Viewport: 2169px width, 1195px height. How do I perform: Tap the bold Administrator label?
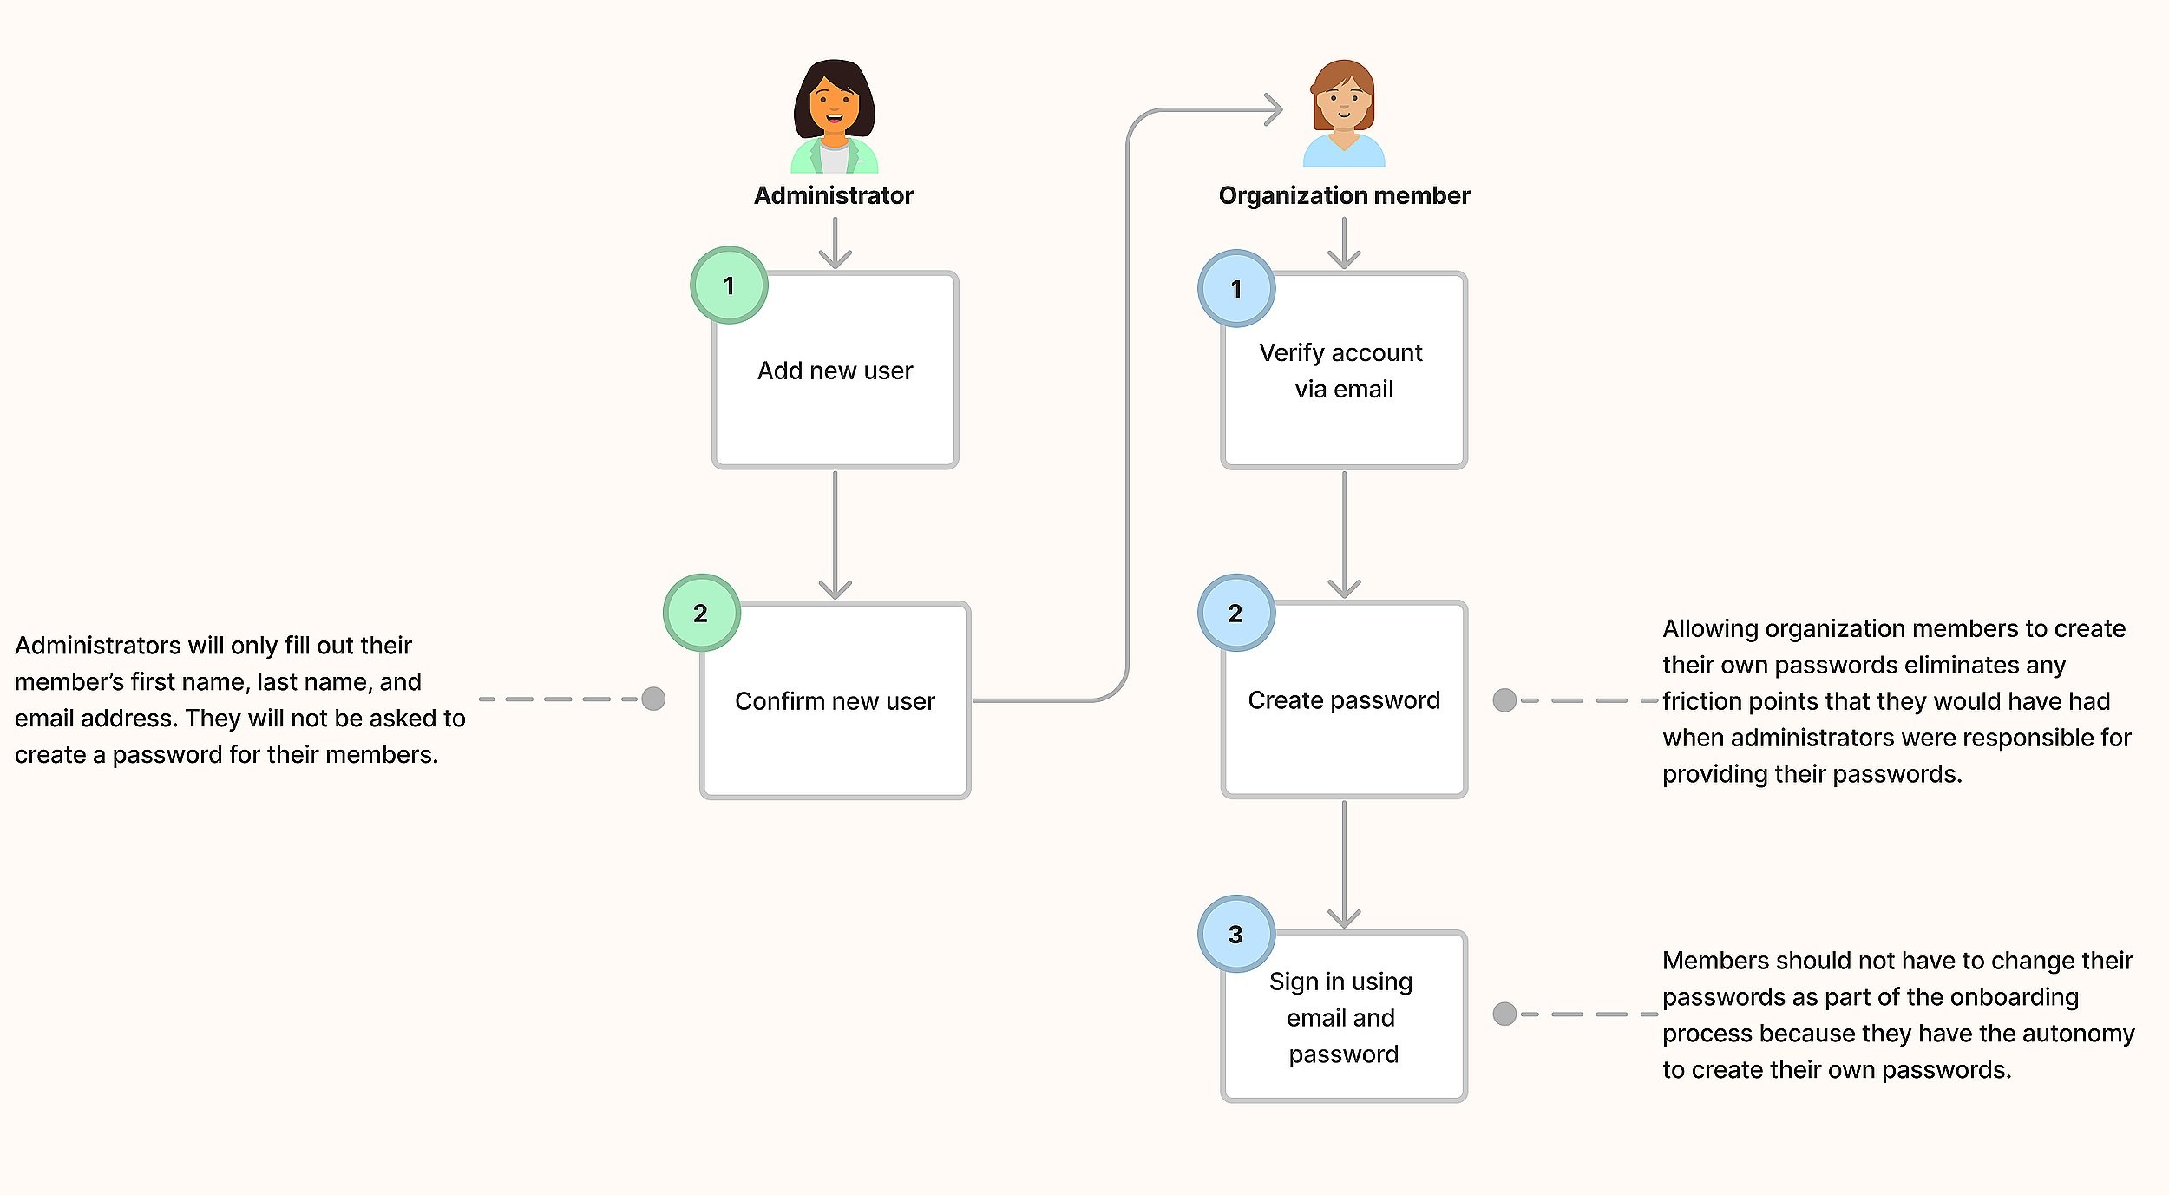pos(833,196)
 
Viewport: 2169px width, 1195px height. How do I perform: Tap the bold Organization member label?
pos(1344,196)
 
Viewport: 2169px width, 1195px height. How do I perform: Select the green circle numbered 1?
pos(729,286)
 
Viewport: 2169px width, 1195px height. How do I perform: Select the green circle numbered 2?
pos(701,613)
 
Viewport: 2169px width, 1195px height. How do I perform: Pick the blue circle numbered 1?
pos(1236,288)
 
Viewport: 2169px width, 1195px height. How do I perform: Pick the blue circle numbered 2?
pos(1236,613)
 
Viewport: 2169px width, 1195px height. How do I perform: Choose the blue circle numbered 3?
pos(1236,934)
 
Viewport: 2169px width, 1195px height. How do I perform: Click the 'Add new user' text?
pos(835,371)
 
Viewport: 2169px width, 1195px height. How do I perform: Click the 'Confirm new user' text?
pos(835,701)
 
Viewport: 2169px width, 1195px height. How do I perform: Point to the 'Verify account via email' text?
pos(1341,371)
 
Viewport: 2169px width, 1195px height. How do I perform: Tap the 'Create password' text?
pos(1344,700)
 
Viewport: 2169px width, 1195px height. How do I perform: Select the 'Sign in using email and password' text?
pos(1342,1017)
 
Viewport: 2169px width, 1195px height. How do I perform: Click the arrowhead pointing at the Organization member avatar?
pos(1274,109)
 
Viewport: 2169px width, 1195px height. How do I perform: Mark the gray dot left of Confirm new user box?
pos(653,699)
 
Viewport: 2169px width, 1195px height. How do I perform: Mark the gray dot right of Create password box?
pos(1504,700)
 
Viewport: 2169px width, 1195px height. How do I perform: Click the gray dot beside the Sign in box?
pos(1504,1014)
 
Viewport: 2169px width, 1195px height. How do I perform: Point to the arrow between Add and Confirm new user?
pos(835,535)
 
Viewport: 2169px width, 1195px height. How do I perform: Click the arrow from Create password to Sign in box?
pos(1344,864)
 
